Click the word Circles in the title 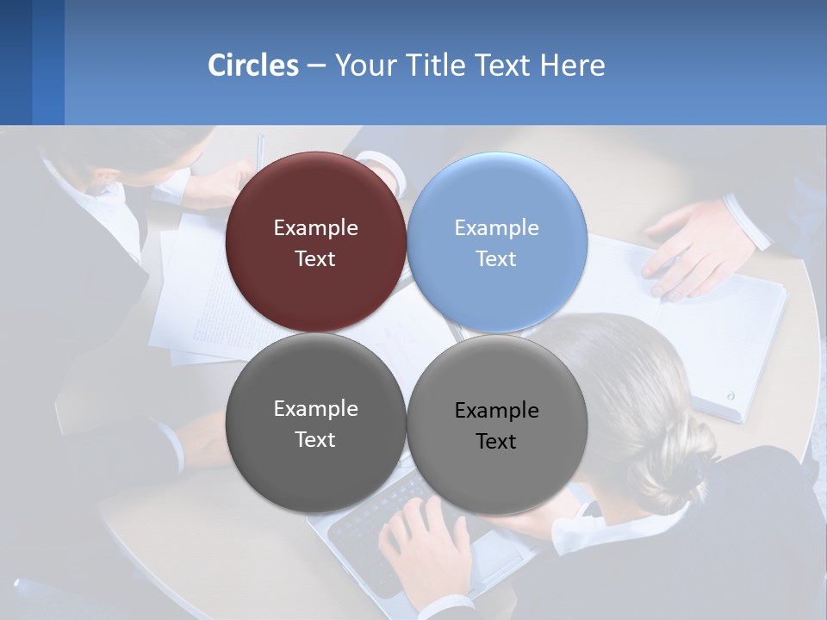pos(252,65)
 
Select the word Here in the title pos(573,65)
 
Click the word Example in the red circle pos(315,228)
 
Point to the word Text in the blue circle pos(496,259)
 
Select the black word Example pos(496,411)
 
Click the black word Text pos(496,442)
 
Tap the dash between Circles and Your pos(316,65)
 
